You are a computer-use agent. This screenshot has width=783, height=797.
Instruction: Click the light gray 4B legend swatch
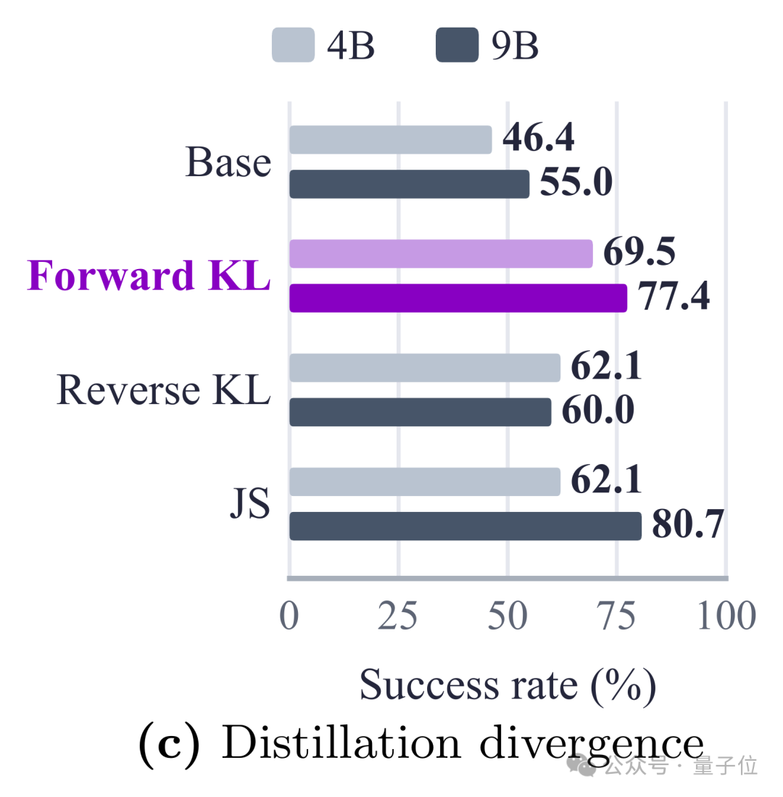293,45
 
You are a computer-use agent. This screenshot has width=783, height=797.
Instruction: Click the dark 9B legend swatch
457,45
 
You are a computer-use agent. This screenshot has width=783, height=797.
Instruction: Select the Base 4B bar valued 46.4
391,140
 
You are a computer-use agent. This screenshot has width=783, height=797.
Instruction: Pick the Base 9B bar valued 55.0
410,184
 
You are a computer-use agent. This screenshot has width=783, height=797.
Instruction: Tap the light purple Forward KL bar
441,254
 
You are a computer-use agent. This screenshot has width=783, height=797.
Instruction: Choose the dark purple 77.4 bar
458,298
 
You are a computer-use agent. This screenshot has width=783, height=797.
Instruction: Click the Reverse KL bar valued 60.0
420,412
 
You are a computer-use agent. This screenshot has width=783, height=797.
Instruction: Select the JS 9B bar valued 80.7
465,526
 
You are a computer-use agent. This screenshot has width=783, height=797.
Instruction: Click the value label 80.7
688,524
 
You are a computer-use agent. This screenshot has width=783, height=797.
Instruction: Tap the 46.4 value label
539,137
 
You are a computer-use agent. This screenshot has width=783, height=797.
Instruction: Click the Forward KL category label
149,275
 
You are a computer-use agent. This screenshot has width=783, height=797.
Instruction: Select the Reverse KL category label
164,389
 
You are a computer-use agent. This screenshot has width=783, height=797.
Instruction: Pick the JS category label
250,503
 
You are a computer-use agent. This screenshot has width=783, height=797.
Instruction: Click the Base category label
228,162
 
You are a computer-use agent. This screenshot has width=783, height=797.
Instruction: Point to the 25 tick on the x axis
398,616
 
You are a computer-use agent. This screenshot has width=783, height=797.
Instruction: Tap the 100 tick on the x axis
726,616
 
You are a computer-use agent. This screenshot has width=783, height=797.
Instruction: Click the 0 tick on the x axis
289,616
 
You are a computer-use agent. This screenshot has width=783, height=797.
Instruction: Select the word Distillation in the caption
341,743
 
